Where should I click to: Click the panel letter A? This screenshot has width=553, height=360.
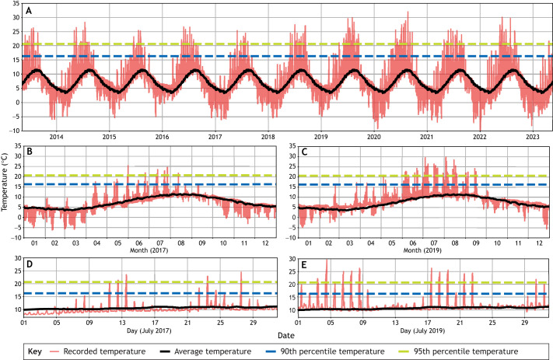coord(29,11)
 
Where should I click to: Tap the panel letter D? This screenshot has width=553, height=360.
coord(30,264)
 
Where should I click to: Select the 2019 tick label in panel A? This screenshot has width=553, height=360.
coord(321,137)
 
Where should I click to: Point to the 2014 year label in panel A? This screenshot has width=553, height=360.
coord(57,137)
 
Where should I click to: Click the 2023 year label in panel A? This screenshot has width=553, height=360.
coord(533,137)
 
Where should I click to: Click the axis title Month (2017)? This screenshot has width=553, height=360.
coord(149,250)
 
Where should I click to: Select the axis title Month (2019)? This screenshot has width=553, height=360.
coord(422,250)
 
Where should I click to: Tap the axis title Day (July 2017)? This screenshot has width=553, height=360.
coord(149,330)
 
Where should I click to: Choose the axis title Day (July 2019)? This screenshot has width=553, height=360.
coord(422,330)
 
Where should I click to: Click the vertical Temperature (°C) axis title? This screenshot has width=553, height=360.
coord(4,182)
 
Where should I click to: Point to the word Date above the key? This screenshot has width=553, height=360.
coord(286,335)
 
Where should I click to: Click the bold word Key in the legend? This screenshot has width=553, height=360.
coord(35,351)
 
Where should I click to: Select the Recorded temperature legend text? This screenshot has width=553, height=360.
coord(104,351)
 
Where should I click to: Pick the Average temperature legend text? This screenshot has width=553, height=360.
coord(212,351)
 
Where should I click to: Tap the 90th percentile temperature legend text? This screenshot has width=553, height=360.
coord(332,351)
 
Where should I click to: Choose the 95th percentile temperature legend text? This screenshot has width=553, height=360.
coord(466,351)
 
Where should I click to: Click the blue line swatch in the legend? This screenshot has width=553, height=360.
coord(270,351)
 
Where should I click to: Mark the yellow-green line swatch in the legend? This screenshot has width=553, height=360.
coord(404,351)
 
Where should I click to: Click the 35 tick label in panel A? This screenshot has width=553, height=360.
coord(16,4)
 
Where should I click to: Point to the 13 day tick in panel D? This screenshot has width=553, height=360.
coord(122,322)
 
